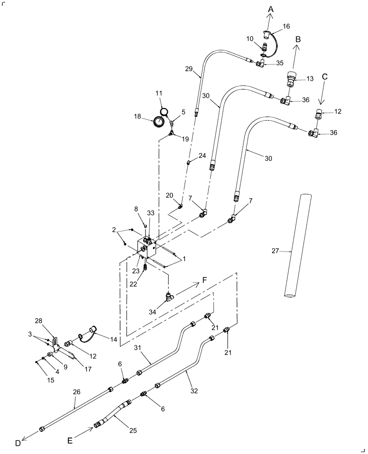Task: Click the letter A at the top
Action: pyautogui.click(x=271, y=9)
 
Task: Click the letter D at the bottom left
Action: pyautogui.click(x=18, y=443)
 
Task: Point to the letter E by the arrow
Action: pyautogui.click(x=70, y=440)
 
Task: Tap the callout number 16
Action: pyautogui.click(x=286, y=27)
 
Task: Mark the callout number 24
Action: pyautogui.click(x=202, y=155)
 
